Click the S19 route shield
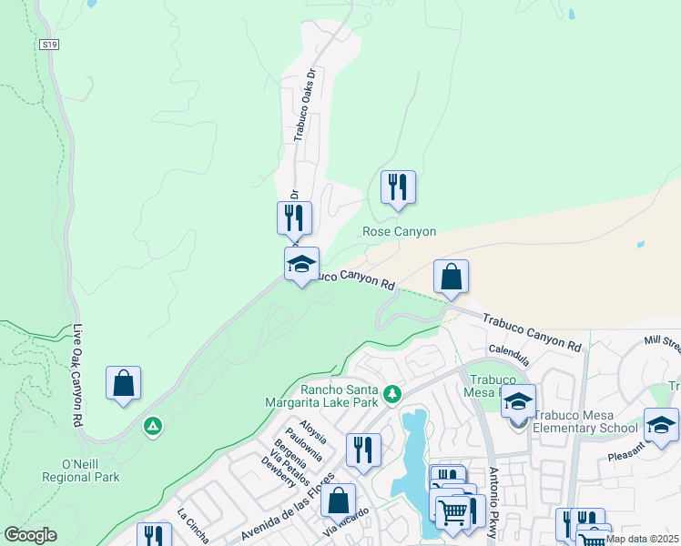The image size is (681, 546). point(49,43)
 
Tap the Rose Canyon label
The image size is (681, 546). point(400,232)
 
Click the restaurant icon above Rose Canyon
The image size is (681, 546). point(398,187)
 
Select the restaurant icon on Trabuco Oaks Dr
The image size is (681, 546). point(294,218)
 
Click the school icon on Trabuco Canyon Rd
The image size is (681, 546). point(302,265)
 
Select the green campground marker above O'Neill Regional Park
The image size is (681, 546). point(153,425)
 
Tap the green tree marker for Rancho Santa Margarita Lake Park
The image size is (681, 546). point(392,394)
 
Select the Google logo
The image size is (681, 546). point(30,535)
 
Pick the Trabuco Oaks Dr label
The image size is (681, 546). point(303,104)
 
